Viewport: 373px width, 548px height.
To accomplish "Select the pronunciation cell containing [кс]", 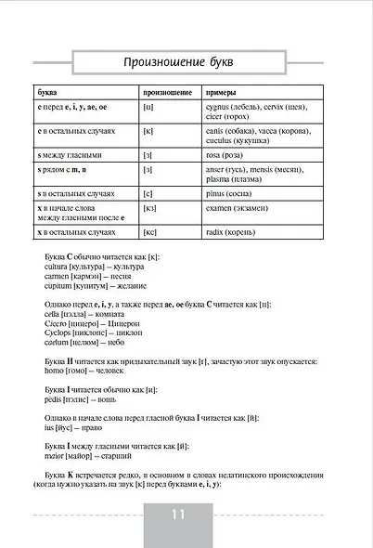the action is tap(149, 232).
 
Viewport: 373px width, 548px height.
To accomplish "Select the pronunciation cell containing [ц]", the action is tap(148, 109).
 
